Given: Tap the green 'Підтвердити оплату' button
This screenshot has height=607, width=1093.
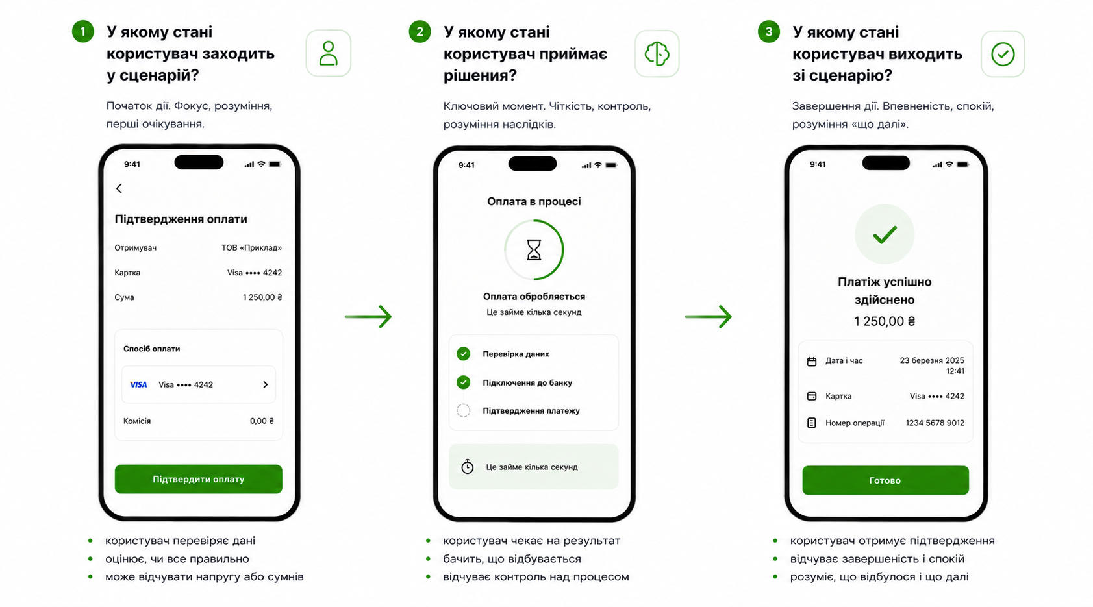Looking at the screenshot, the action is (x=198, y=479).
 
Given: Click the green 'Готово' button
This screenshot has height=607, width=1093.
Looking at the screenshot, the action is (x=885, y=480).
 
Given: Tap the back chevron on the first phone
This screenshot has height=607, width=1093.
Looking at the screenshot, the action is (x=119, y=188).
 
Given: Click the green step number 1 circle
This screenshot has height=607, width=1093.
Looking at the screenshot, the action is (x=82, y=32).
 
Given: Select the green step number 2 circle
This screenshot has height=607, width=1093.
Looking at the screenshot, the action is (x=420, y=32).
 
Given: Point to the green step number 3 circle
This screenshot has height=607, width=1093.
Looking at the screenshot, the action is (x=768, y=32).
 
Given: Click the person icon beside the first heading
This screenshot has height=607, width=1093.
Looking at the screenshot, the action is (x=329, y=53).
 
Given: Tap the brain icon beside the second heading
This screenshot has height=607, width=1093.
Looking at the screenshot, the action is (x=657, y=54).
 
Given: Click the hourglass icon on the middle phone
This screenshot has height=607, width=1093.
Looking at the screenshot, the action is (x=534, y=250).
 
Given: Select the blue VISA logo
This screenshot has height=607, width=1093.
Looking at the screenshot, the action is (x=138, y=384).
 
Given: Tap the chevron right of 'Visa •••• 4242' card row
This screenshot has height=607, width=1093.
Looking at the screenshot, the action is (x=266, y=384).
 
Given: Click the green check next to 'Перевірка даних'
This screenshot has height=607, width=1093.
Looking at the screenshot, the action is (x=464, y=353).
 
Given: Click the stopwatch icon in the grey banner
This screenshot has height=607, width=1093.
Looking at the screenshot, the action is (x=468, y=467).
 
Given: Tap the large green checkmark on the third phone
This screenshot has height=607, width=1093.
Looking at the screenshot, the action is (x=885, y=235).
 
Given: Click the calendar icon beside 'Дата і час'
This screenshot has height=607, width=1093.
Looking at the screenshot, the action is (x=811, y=362).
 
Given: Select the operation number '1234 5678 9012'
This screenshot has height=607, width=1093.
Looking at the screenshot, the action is (x=935, y=423).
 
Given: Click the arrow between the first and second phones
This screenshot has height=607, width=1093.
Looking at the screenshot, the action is (x=368, y=317).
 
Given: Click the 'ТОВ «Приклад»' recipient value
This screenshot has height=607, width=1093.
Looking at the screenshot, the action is (x=252, y=248).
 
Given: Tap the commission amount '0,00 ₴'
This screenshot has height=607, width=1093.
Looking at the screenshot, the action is (x=262, y=421).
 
